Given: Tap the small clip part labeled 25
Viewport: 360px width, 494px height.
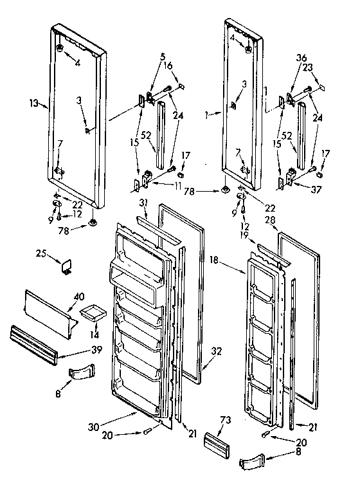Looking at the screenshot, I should coord(66,266).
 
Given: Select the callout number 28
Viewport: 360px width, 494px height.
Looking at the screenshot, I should coord(271,221).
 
